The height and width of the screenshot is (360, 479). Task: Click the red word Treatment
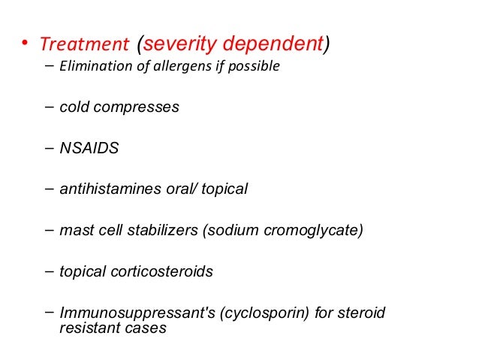pyautogui.click(x=85, y=46)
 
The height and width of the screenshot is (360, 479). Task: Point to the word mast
pyautogui.click(x=75, y=230)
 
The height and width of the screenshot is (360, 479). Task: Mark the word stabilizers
pyautogui.click(x=161, y=230)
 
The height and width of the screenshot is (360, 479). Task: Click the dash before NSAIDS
pyautogui.click(x=49, y=147)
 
